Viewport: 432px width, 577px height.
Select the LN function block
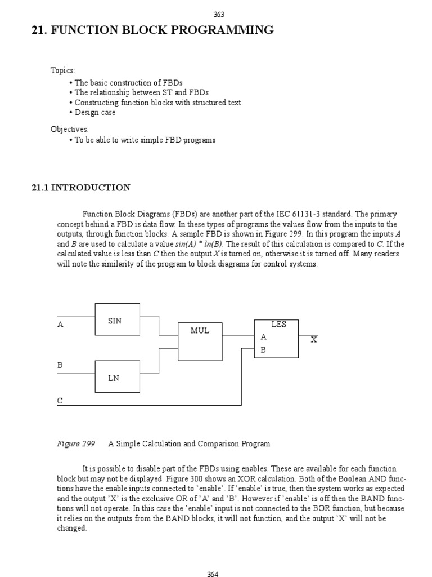pos(117,376)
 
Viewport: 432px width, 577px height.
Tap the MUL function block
pos(200,341)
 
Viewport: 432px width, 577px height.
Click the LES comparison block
pos(276,338)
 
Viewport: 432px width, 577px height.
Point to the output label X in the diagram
pos(314,340)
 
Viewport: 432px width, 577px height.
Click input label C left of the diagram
pos(60,401)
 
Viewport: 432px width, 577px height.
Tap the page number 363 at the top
pos(219,15)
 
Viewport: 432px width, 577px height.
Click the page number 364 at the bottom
pos(213,574)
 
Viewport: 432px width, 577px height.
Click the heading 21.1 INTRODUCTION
pos(81,188)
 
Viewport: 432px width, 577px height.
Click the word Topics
pos(62,70)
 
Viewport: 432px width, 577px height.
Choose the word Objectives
pos(69,129)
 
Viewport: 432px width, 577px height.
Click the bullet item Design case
pos(95,112)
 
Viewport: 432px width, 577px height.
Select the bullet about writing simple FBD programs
pos(145,140)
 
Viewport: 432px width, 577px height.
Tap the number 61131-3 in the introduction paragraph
pos(309,214)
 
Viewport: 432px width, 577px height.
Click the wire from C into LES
pos(157,405)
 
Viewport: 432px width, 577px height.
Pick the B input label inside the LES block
pos(263,350)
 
